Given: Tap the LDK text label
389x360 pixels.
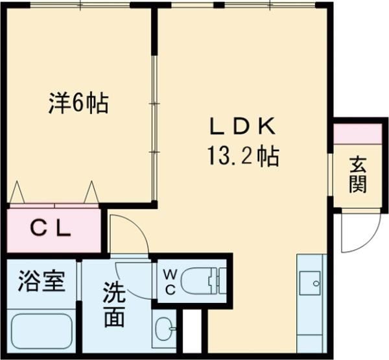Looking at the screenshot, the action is (x=242, y=126).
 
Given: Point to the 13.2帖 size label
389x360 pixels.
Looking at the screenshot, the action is (x=243, y=156).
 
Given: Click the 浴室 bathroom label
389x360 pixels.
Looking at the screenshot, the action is (x=41, y=281).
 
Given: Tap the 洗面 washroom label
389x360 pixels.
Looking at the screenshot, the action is (x=114, y=305).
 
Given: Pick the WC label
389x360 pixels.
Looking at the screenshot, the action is (x=170, y=282).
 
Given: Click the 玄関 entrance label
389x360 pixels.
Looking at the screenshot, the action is (x=358, y=174).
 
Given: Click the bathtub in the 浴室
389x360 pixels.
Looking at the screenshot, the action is (x=41, y=328).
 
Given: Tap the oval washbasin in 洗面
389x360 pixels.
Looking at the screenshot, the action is (x=164, y=329).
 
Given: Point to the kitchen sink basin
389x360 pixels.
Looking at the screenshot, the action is (x=310, y=283).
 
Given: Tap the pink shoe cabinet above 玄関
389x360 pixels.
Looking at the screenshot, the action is (x=357, y=134).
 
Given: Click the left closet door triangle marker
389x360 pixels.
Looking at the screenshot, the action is (x=17, y=192).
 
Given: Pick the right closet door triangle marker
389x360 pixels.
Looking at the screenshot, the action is (x=91, y=192).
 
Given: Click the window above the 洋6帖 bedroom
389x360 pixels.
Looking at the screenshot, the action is (x=80, y=5).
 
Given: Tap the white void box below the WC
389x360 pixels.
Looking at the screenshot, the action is (x=192, y=331).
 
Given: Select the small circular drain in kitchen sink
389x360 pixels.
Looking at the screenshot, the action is (x=316, y=283).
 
